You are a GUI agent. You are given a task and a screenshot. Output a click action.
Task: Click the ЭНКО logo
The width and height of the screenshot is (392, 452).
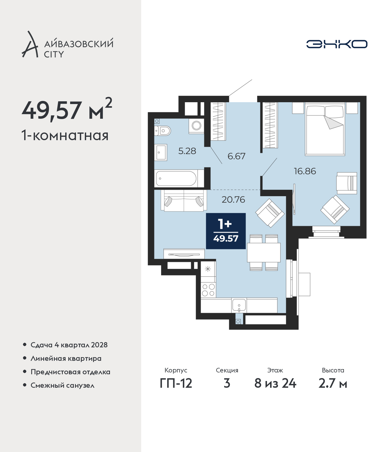click(337, 44)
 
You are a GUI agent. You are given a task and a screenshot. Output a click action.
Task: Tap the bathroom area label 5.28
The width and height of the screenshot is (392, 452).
click(187, 151)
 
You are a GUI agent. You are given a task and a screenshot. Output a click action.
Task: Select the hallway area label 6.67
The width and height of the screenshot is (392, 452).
click(236, 156)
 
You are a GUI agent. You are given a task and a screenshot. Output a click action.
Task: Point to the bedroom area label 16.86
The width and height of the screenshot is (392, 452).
click(305, 171)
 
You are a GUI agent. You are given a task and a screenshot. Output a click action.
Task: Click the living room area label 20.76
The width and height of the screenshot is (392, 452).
click(233, 200)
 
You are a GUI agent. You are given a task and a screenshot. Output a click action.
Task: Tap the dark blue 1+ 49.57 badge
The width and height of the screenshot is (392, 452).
click(226, 231)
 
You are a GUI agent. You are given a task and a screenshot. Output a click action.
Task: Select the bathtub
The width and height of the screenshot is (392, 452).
click(176, 178)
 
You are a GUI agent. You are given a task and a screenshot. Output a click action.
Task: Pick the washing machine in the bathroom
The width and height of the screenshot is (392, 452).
click(196, 126)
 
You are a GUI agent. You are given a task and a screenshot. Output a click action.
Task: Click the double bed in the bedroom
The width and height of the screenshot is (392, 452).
click(325, 129)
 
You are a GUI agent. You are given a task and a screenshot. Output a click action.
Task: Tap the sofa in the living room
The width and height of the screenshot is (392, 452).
click(184, 200)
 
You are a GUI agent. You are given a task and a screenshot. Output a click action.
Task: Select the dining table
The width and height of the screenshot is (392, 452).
click(264, 252)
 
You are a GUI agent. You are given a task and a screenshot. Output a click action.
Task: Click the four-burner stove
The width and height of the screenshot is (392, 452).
click(208, 290)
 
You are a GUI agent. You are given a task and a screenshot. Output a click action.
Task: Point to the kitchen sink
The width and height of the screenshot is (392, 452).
click(239, 305)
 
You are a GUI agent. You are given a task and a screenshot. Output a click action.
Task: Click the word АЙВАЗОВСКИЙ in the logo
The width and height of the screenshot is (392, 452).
click(79, 43)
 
